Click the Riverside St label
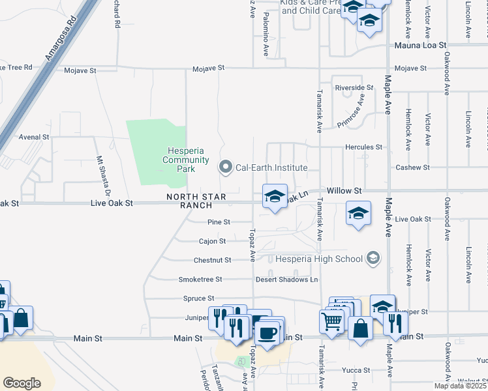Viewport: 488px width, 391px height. coord(354,87)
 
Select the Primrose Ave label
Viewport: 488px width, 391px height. coord(350,110)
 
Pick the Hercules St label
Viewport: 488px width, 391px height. coord(363,147)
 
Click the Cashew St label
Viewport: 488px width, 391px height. coord(412,167)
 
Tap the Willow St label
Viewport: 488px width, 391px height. coord(344,190)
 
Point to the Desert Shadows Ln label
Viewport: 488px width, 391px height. coord(295,280)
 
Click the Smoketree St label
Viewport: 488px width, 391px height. coord(200,280)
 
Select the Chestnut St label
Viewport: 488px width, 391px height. coord(212,260)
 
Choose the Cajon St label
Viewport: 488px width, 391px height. coord(212,241)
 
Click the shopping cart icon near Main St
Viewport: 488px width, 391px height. coord(332,321)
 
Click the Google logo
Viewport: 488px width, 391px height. coord(22,383)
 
